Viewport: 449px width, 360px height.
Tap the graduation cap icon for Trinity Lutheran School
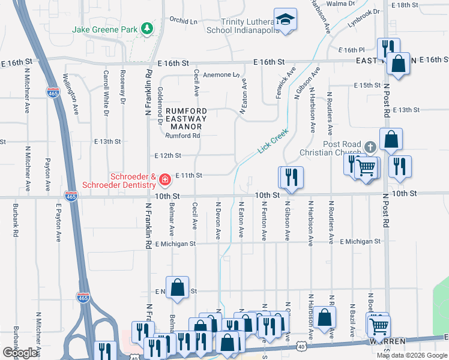286,19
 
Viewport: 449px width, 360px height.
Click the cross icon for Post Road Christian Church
371,146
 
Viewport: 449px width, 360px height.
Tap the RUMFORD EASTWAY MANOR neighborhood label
186,119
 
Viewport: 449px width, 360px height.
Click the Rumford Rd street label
182,136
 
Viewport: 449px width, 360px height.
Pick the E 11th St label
189,175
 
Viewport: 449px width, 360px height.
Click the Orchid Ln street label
183,20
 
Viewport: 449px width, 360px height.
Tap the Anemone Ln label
221,75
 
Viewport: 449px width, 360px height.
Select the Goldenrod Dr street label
160,104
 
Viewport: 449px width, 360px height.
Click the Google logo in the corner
20,353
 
